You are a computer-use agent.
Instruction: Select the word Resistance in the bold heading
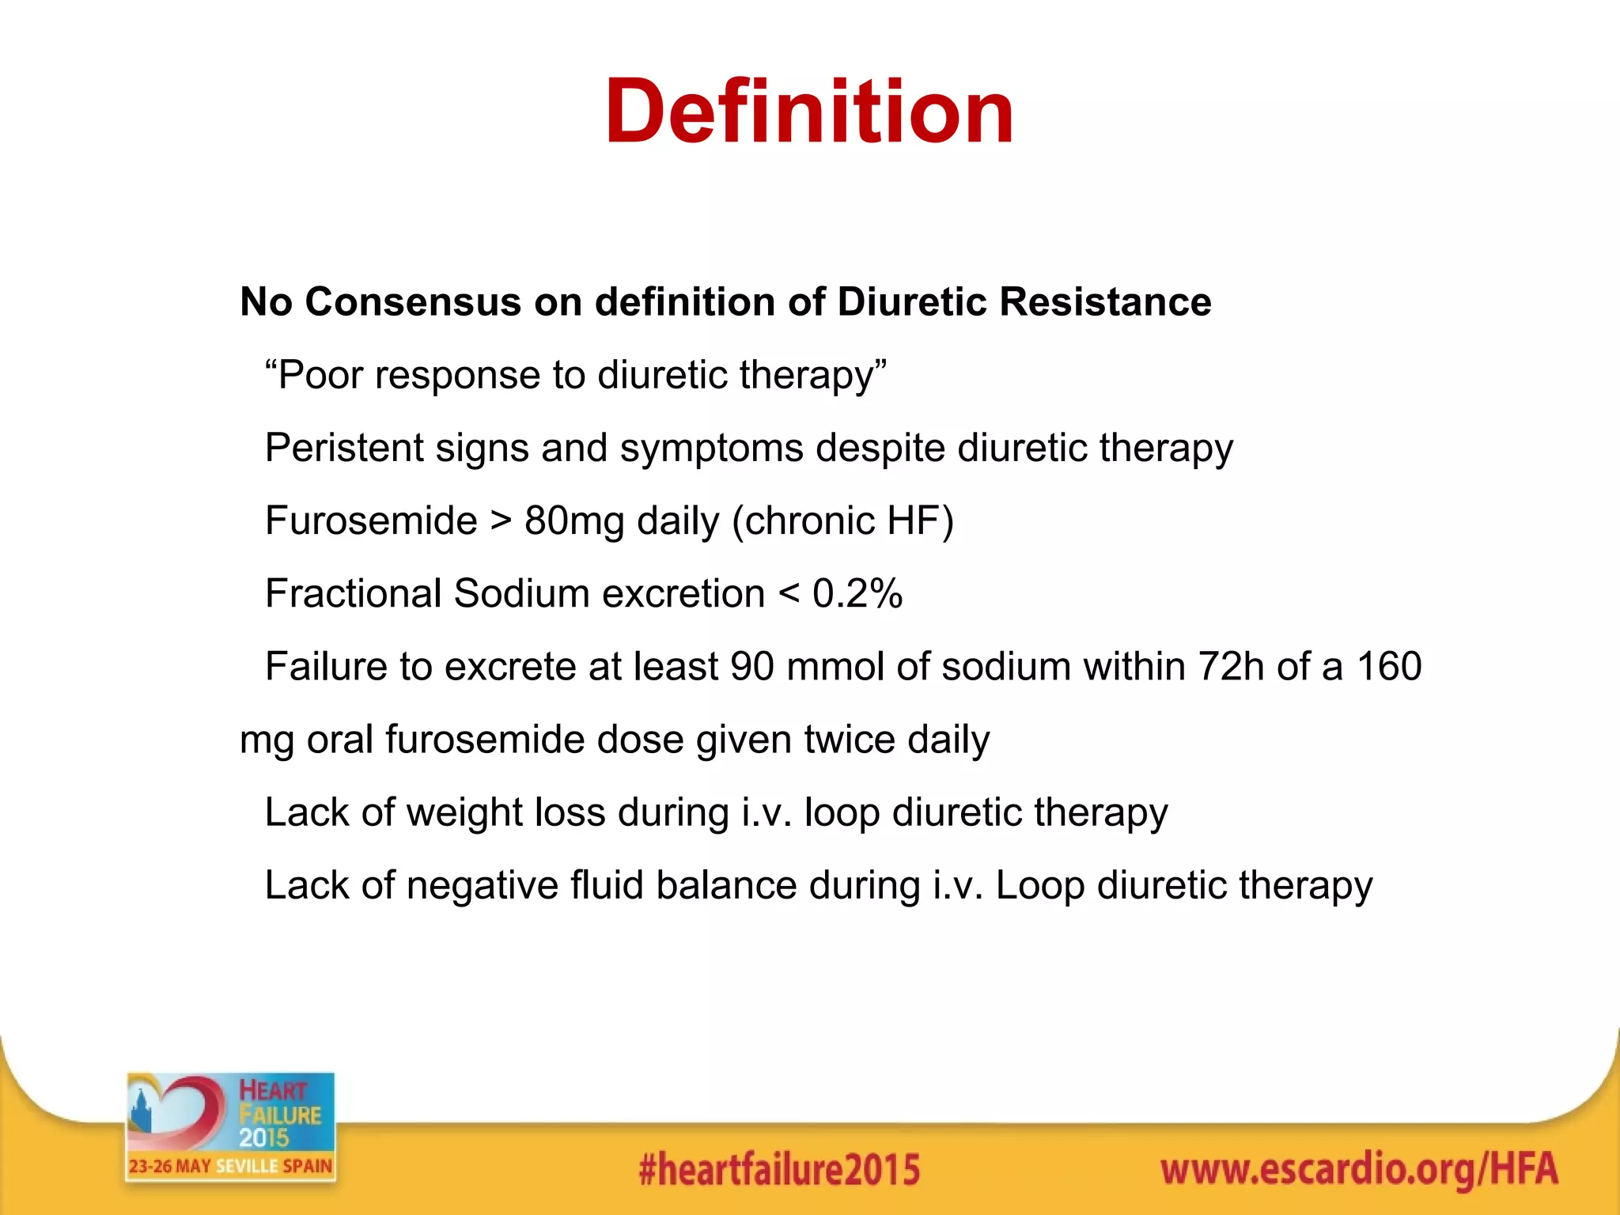[x=1105, y=302]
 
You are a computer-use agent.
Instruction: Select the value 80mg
[x=574, y=521]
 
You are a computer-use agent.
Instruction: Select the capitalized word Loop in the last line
[x=1039, y=886]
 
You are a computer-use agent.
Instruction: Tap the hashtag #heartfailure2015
[x=779, y=1170]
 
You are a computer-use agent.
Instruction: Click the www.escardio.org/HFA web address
[x=1358, y=1170]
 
